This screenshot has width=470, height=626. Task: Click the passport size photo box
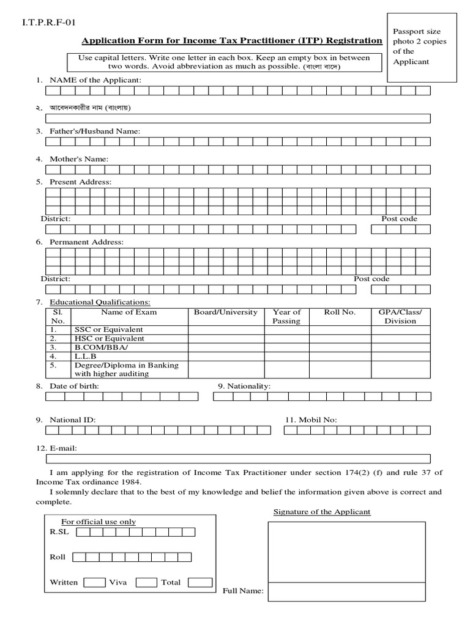point(422,46)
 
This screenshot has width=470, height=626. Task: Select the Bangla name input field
point(237,119)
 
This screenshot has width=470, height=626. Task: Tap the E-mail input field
point(237,459)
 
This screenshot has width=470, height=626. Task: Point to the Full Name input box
point(346,591)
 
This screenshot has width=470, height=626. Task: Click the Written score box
point(94,583)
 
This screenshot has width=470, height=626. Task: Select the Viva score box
point(146,583)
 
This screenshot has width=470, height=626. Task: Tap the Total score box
point(200,583)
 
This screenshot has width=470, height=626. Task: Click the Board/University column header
point(226,312)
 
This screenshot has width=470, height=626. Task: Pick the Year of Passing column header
point(286,317)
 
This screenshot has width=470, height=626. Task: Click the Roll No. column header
point(340,312)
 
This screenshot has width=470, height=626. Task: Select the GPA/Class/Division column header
point(400,317)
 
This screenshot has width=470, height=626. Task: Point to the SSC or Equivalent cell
point(109,330)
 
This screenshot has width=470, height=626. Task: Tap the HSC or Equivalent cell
point(109,339)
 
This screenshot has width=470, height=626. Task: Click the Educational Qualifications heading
point(100,302)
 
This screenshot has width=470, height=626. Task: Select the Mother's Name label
point(79,159)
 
